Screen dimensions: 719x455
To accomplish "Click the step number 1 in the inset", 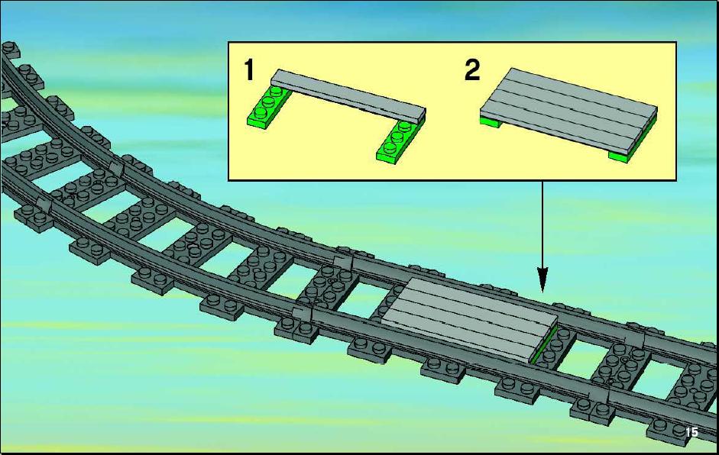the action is pyautogui.click(x=249, y=70).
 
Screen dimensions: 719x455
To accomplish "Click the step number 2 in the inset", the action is pyautogui.click(x=472, y=70).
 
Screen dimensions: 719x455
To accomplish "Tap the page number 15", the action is pyautogui.click(x=691, y=432).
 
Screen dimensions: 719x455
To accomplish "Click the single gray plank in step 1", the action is pyautogui.click(x=348, y=96).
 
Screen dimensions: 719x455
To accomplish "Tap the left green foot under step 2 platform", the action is pyautogui.click(x=490, y=122).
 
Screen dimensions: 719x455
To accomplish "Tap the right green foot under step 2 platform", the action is pyautogui.click(x=621, y=157).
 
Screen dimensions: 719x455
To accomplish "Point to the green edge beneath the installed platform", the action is pyautogui.click(x=544, y=344).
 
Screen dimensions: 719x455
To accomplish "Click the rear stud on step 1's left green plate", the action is pyautogui.click(x=276, y=91).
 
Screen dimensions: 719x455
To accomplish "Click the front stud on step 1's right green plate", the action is pyautogui.click(x=390, y=148).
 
